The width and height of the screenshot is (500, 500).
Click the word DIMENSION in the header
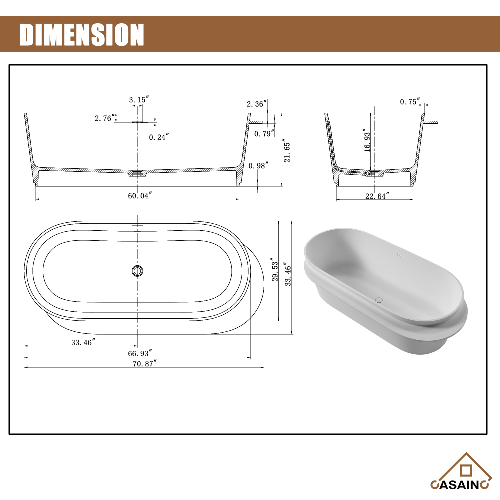tap(81, 35)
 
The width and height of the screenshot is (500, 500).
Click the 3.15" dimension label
tap(139, 100)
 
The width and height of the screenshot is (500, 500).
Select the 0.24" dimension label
tap(159, 137)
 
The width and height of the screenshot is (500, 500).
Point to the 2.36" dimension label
tap(256, 104)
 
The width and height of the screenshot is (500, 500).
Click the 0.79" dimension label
tap(264, 134)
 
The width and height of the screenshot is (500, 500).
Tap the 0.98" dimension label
tap(258, 166)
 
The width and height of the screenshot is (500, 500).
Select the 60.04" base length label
tap(140, 196)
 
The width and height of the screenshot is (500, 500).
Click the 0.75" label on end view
tap(410, 102)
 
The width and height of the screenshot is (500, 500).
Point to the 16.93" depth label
tap(367, 140)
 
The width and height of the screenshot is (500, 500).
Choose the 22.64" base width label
tap(377, 196)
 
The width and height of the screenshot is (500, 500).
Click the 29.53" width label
tap(275, 269)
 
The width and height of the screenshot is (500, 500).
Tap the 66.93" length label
tap(140, 353)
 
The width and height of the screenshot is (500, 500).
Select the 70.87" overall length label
tap(145, 363)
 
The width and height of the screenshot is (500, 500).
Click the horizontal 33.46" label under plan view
tap(83, 342)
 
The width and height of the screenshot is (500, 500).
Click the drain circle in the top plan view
tap(137, 271)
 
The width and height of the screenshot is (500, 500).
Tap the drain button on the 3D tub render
tap(378, 300)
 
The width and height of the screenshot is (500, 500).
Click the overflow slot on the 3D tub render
tap(400, 256)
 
